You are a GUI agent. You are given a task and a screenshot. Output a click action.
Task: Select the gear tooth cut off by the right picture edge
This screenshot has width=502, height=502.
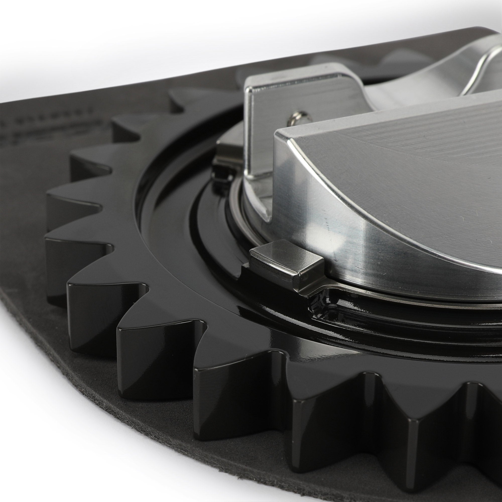491,405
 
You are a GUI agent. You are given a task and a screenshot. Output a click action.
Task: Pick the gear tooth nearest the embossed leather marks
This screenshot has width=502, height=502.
125,125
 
